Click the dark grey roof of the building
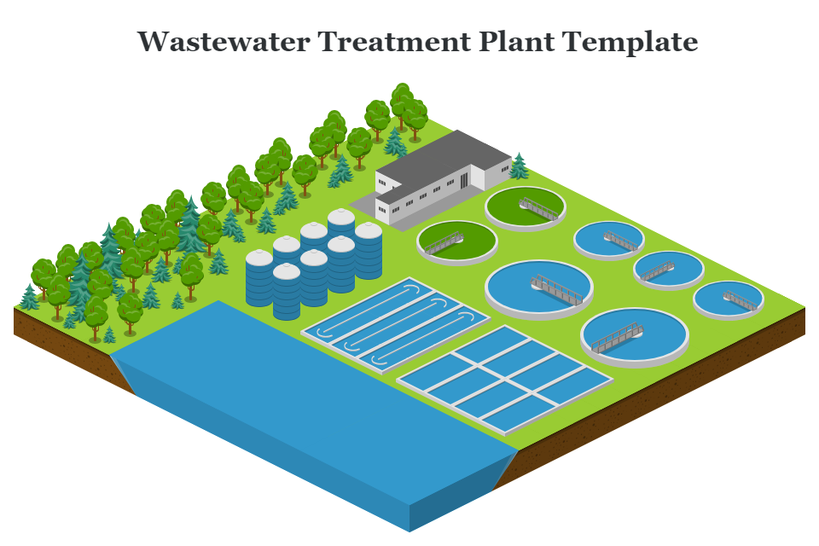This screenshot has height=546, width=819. pos(444,158)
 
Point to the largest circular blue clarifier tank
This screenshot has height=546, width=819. pos(538,284)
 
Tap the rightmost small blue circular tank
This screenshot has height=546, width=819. pos(728,299)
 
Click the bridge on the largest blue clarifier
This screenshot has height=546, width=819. pos(556,288)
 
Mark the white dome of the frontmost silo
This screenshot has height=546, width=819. pos(287,272)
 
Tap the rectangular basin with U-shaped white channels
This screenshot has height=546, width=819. pos(396,324)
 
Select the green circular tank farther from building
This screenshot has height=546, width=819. pos(456,241)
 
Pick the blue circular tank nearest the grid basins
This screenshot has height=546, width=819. pos(634,334)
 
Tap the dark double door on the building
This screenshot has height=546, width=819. pos(464,180)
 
